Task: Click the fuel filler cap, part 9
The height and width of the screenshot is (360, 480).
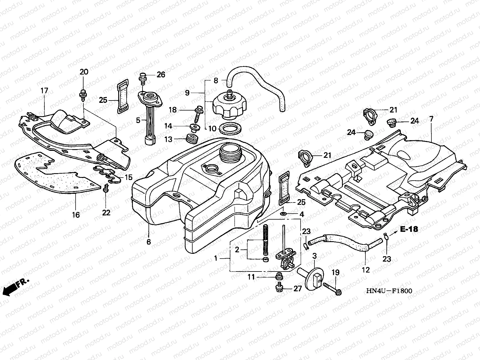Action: pos(230,105)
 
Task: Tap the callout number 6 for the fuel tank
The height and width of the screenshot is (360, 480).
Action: pos(149,242)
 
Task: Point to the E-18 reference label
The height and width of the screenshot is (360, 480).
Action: pos(409,229)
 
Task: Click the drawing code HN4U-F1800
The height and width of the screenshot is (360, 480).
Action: pos(388,291)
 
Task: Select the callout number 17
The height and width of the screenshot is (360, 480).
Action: pos(44,90)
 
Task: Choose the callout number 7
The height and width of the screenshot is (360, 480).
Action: pos(431,119)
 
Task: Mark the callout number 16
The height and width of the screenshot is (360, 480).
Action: pos(76,215)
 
